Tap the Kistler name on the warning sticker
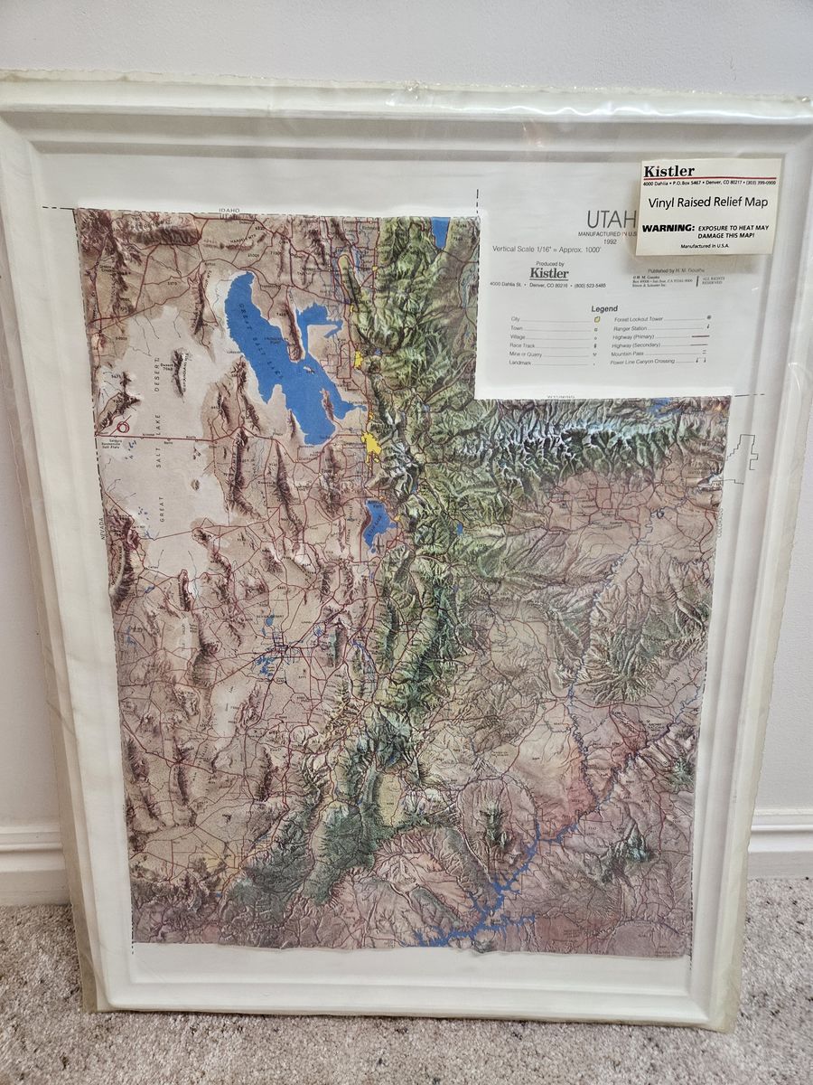pos(669,172)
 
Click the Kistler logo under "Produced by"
pos(548,273)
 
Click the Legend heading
pos(604,308)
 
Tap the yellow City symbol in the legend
pos(596,320)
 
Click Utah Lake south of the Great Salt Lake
pos(378,523)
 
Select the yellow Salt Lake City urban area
pos(371,445)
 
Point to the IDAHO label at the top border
pos(229,212)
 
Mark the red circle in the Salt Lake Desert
pos(125,429)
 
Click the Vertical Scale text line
pos(534,248)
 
